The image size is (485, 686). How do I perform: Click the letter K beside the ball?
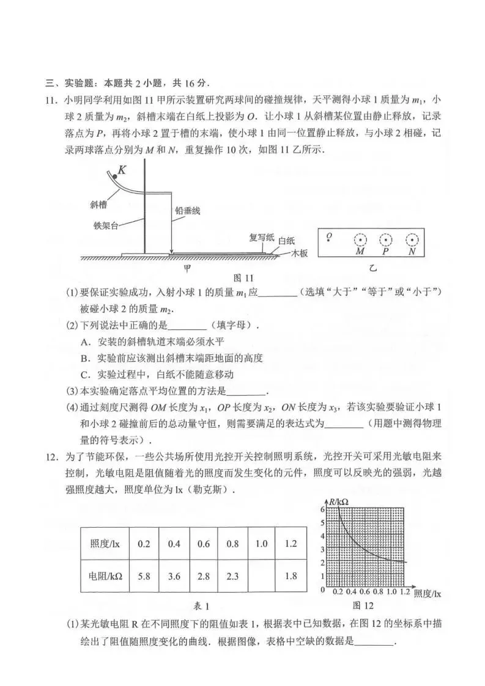(x=122, y=170)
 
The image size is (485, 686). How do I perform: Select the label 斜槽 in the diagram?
(x=99, y=205)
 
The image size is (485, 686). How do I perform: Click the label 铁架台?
(x=104, y=224)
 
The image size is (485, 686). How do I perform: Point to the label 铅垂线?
(x=188, y=210)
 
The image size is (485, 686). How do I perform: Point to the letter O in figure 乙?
(x=329, y=235)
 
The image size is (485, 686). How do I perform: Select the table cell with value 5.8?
(x=144, y=574)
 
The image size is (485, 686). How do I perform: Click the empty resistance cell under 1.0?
(x=261, y=574)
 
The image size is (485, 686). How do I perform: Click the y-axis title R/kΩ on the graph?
(x=338, y=503)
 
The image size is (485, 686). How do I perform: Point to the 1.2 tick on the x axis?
(x=405, y=592)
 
